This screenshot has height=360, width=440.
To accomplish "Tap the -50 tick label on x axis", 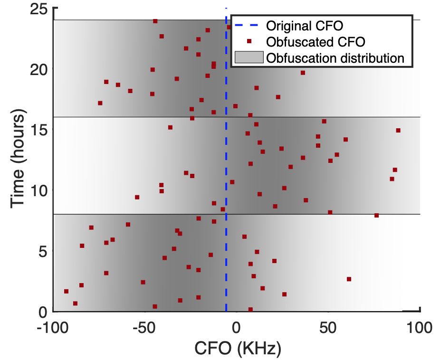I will point(144,328).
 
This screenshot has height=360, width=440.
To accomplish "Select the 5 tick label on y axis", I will point(43,252).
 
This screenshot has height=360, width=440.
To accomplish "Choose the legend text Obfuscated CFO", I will point(316,42).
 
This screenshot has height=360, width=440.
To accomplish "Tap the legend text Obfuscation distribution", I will point(335,58).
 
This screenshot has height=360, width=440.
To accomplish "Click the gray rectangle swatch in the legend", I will point(249,58).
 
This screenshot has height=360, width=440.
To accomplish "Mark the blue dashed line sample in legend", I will point(249,25).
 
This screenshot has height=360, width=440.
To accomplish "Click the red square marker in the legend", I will point(249,41).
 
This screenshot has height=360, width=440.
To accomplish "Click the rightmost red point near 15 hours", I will point(398,130).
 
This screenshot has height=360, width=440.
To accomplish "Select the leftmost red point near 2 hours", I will point(66,291).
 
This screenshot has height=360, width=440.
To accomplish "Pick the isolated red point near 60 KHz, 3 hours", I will point(349,279).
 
